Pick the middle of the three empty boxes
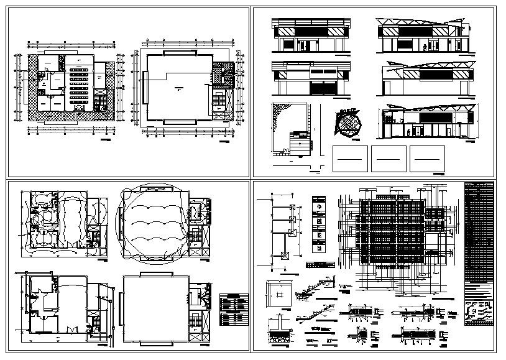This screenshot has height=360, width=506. click(389, 159)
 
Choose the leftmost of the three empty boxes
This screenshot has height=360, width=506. click(351, 159)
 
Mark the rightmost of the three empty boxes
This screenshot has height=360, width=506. click(428, 159)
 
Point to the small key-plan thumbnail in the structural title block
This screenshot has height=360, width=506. click(478, 311)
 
